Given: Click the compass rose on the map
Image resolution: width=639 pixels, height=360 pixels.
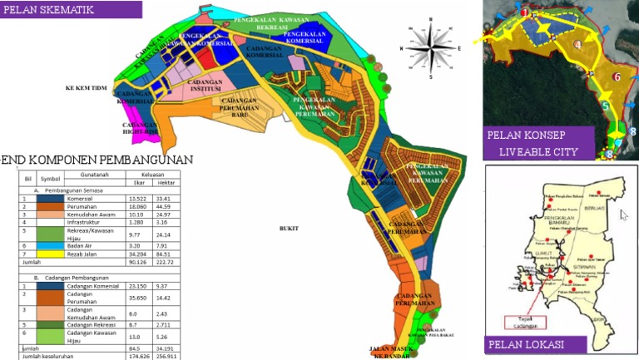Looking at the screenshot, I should coord(430,47).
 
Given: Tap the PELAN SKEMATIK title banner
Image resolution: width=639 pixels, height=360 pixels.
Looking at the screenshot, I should coord(71,10).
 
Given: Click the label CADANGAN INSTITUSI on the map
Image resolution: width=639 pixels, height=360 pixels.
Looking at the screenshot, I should coord(205,87).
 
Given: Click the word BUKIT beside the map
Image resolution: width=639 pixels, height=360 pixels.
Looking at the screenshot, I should coord(289,226).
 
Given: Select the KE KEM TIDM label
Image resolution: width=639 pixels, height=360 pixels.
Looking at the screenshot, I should coord(87,87).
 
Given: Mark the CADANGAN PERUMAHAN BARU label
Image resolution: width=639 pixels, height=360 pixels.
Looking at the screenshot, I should coord(241,107).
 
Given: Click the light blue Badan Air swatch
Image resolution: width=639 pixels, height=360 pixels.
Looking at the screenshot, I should coord(51,245).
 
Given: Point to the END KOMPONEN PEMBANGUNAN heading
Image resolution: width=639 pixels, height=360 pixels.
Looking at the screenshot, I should coord(97,160).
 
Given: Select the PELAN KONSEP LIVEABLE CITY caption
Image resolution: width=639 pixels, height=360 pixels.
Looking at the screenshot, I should coord(537,143).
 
